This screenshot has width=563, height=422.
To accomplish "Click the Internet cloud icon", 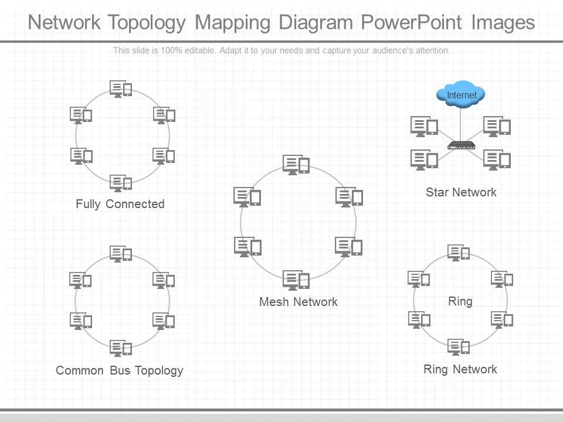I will click(x=461, y=95).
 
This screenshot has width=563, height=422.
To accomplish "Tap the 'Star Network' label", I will click(x=461, y=192).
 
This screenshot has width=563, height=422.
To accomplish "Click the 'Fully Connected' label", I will click(x=120, y=204).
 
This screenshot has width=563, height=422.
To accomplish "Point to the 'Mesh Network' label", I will click(x=299, y=302).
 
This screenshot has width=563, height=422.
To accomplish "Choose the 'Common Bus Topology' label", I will click(x=120, y=370).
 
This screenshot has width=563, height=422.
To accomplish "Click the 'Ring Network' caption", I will click(x=460, y=369).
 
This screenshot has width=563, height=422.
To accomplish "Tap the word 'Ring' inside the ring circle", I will click(x=460, y=301).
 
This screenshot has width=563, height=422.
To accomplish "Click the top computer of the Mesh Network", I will click(x=296, y=165).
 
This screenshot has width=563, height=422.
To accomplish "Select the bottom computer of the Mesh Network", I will click(x=296, y=280).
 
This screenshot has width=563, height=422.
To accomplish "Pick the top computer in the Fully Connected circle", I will click(x=121, y=89).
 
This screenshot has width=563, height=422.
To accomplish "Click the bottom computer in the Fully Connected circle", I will click(x=121, y=183).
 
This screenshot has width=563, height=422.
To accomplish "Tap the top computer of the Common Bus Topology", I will click(x=121, y=254).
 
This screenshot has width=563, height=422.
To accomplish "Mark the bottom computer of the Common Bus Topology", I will click(x=121, y=348).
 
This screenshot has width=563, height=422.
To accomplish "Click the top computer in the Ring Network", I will click(x=459, y=253).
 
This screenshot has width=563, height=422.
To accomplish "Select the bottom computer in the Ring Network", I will click(x=459, y=347).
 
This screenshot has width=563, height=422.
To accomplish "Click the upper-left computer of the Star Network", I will click(x=425, y=127).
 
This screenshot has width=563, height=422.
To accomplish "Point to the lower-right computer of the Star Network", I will click(x=497, y=160).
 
